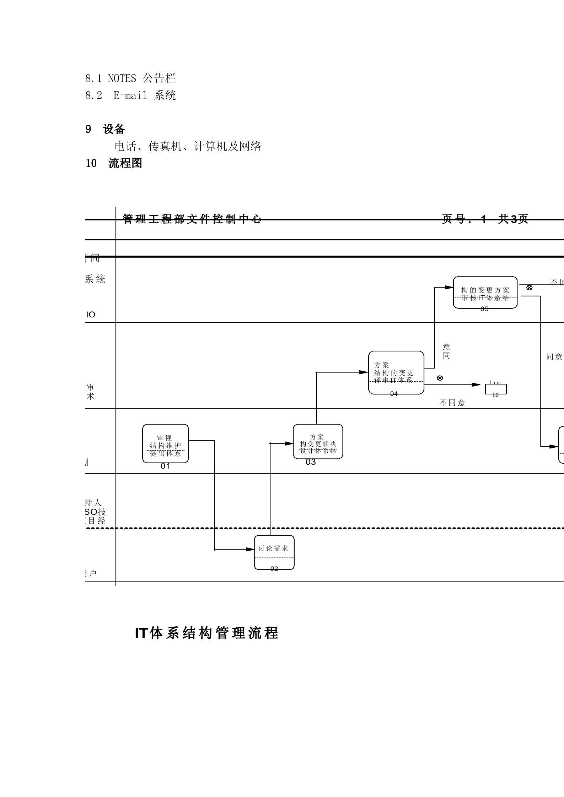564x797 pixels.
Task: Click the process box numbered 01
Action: (x=165, y=443)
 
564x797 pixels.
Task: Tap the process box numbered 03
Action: (x=318, y=441)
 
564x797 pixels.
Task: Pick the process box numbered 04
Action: (x=396, y=372)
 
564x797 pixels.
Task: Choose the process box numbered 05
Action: (x=485, y=292)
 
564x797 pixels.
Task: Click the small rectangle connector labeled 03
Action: (x=496, y=389)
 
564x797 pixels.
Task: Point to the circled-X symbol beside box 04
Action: (x=440, y=378)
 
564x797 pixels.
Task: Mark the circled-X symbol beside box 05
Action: (x=529, y=288)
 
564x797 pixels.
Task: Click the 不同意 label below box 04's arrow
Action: (x=452, y=403)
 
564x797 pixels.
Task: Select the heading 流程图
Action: (x=125, y=163)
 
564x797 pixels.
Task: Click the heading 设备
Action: (x=114, y=129)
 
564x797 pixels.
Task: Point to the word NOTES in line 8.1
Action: (x=122, y=78)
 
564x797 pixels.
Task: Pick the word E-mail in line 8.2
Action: (x=130, y=95)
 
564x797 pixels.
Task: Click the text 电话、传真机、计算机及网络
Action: (x=188, y=146)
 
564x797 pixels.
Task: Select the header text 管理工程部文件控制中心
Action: (x=192, y=219)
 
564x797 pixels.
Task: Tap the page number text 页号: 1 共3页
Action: (x=485, y=219)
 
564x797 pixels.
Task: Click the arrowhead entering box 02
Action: (x=251, y=549)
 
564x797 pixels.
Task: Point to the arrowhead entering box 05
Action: (x=449, y=287)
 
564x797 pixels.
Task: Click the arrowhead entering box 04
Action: (x=364, y=372)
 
